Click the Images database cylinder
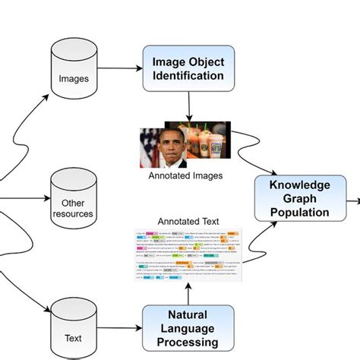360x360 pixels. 74,69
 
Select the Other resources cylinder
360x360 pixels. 74,199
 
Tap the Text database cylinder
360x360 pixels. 74,327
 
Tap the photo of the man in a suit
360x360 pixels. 163,147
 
